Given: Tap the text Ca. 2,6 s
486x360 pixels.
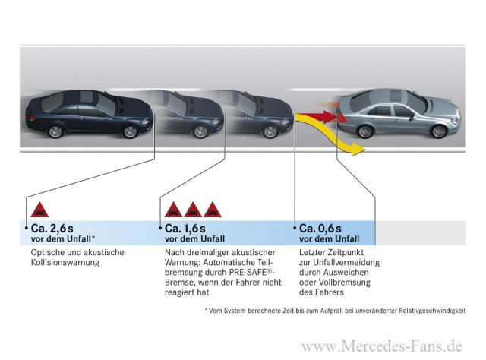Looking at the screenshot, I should point(53,228).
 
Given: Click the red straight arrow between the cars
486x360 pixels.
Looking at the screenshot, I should point(319,116).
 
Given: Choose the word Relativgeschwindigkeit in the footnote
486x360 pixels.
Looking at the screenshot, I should point(434,311).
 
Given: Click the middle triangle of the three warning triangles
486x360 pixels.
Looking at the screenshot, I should point(193,209).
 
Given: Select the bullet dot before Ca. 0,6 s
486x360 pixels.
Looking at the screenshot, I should point(295,227).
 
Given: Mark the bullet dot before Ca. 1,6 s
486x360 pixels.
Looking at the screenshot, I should point(160,227).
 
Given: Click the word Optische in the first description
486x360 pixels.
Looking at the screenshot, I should point(48,252).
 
